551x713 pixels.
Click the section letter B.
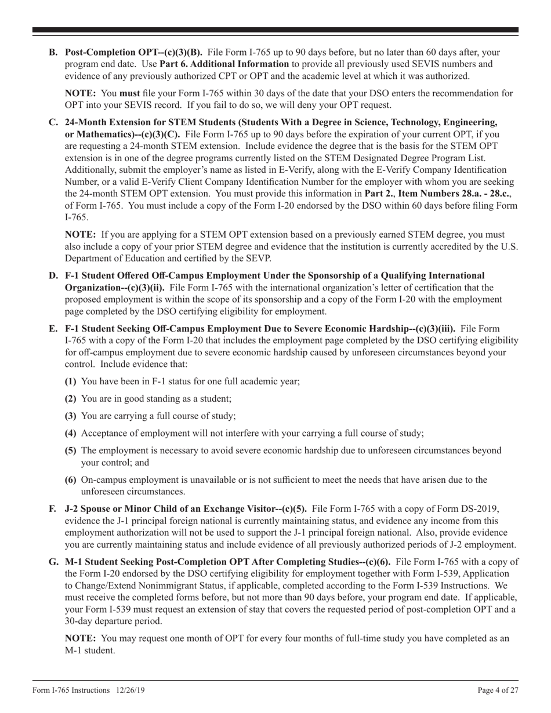53,52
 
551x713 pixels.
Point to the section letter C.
53,122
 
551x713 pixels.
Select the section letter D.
53,275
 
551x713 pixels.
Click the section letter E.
53,329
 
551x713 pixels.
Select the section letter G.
53,562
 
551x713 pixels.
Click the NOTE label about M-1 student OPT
81,638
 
